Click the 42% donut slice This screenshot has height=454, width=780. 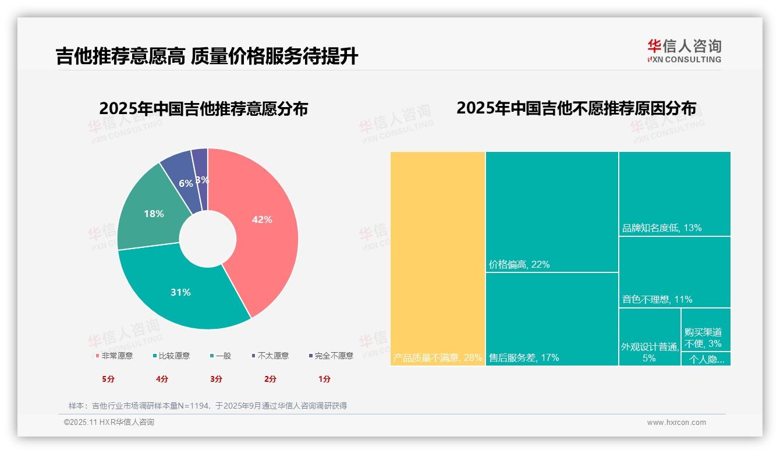click(x=262, y=220)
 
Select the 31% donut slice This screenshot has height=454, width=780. click(x=180, y=292)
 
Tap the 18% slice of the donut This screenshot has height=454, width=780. click(x=154, y=214)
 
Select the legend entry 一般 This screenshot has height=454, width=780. click(x=221, y=356)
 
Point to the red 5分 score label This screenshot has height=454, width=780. click(x=108, y=379)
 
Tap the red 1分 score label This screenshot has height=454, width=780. click(x=324, y=379)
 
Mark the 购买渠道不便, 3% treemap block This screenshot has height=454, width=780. click(x=705, y=329)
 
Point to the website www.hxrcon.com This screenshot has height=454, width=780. click(x=676, y=423)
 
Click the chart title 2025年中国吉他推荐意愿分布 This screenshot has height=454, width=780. click(x=203, y=109)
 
